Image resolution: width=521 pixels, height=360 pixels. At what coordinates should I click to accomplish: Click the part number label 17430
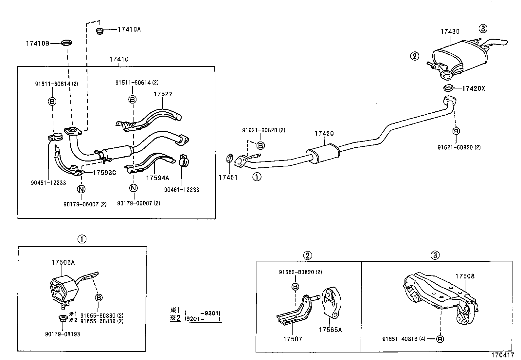(450, 32)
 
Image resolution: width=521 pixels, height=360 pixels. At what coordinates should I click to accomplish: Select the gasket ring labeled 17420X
(449, 88)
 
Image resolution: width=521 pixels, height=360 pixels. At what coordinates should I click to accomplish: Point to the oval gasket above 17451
(230, 158)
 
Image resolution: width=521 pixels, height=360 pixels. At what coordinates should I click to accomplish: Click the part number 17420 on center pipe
(324, 133)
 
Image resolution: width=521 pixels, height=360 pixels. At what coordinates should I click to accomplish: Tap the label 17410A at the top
(129, 29)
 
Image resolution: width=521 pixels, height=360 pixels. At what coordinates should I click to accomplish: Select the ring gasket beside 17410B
(67, 43)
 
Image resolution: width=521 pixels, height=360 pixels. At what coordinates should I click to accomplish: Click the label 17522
(163, 94)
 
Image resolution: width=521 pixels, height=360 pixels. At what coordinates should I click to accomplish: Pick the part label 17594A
(157, 178)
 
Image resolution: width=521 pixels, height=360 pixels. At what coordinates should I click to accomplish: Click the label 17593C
(104, 173)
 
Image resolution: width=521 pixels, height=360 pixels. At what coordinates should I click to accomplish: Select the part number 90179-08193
(63, 334)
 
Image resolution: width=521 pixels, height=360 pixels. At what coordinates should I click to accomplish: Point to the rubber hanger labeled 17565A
(331, 303)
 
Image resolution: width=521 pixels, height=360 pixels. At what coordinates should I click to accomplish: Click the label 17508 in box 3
(465, 276)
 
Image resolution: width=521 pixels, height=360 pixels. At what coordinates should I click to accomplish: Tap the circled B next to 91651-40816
(440, 339)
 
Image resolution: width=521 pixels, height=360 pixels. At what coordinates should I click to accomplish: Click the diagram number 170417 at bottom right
(502, 355)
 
